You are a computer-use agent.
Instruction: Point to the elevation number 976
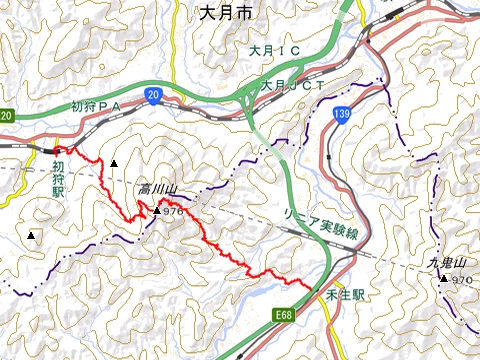click(x=173, y=211)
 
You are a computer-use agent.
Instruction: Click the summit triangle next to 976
click(x=156, y=211)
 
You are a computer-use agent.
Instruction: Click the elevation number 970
click(x=461, y=279)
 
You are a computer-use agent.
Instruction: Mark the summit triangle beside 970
click(x=444, y=279)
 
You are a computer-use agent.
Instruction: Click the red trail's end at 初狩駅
click(x=56, y=150)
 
